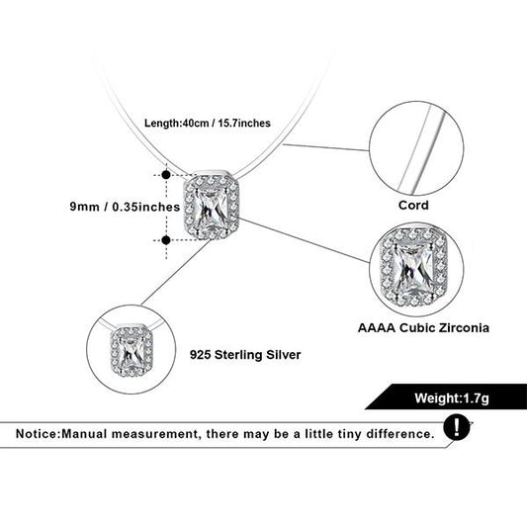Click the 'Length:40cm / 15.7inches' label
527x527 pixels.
208,123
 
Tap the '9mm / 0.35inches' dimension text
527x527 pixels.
125,207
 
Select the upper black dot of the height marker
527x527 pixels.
166,175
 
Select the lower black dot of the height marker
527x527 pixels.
166,240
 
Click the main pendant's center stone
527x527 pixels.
211,207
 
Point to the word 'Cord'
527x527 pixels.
413,205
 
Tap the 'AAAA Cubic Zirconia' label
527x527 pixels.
423,327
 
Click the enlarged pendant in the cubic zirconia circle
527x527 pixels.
414,267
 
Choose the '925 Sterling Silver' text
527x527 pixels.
245,355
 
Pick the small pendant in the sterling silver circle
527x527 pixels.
132,350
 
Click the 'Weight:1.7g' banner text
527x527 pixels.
452,397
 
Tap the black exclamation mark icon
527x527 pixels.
457,427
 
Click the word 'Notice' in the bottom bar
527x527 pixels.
37,434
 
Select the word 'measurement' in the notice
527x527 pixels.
155,434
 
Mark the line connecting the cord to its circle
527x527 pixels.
326,147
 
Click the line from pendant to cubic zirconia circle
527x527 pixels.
305,239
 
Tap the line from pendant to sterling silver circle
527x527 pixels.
176,272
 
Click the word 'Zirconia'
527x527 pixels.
461,327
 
